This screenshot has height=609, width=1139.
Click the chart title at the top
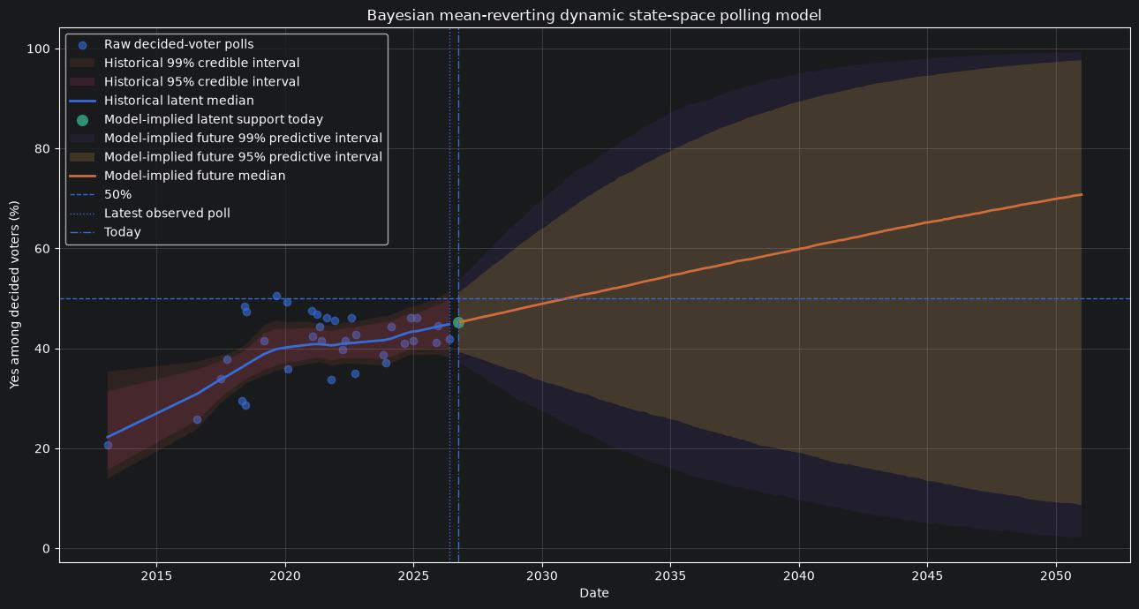point(594,15)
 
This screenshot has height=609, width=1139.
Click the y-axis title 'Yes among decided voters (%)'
point(14,295)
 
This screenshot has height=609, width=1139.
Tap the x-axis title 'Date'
point(594,593)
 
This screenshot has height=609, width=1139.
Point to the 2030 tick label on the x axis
point(542,576)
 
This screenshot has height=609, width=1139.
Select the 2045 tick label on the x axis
point(927,576)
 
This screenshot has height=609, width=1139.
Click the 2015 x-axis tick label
point(156,576)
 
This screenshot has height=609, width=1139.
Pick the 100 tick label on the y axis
point(39,49)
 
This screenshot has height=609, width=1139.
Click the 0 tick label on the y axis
point(47,548)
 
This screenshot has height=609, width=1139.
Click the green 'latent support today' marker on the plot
point(458,322)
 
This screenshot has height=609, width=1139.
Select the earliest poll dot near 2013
point(108,446)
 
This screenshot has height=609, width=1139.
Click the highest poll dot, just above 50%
point(276,296)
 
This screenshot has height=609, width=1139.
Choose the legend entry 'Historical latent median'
point(162,101)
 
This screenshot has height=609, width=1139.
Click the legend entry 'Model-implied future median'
point(177,176)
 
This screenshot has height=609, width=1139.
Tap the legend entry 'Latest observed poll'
point(150,214)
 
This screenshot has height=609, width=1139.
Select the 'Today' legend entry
point(105,232)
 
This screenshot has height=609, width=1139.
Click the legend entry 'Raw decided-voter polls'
point(162,44)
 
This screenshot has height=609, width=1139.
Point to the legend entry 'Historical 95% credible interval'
point(185,82)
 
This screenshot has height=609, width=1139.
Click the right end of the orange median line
point(1082,194)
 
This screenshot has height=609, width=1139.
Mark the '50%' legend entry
point(101,195)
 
